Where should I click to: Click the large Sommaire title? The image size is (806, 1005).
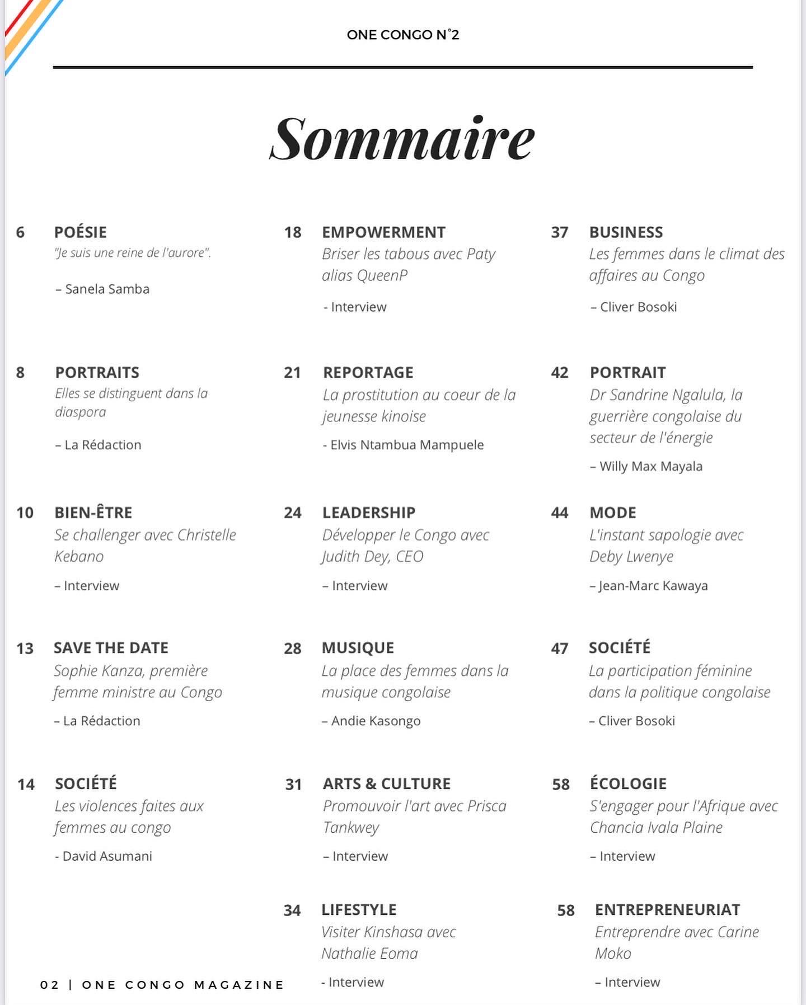tap(402, 139)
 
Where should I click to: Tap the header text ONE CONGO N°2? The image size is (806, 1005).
tap(402, 35)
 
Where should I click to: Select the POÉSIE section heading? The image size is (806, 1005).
tap(80, 232)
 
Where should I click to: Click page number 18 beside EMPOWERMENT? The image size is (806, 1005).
tap(292, 232)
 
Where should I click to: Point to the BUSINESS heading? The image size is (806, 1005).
tap(626, 232)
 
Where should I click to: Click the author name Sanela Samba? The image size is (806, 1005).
tap(107, 289)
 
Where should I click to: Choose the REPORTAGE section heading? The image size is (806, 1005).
tap(368, 373)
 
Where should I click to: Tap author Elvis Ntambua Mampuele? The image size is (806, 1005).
tap(406, 445)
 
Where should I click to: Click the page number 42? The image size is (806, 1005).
tap(559, 373)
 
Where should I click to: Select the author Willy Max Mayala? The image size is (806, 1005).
tap(650, 467)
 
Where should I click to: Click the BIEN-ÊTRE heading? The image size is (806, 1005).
tap(93, 513)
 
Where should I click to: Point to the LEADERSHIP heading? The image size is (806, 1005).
tap(368, 513)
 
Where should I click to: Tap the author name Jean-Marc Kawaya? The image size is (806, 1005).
tap(653, 586)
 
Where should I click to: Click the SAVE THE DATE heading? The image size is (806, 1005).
tap(111, 648)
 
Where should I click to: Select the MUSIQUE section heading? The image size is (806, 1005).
tap(358, 648)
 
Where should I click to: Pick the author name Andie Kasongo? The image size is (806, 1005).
tap(375, 721)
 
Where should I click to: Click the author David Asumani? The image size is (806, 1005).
tap(107, 856)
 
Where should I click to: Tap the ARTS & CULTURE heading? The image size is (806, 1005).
tap(386, 784)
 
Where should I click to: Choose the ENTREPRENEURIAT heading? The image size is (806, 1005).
tap(667, 910)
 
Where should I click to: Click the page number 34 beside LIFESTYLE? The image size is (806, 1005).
tap(292, 910)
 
